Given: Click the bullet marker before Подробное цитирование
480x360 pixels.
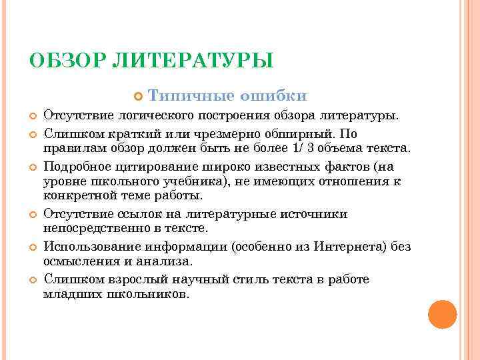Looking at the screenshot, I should pyautogui.click(x=32, y=166).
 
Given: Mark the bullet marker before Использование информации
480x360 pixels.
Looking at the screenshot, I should pyautogui.click(x=32, y=247).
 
